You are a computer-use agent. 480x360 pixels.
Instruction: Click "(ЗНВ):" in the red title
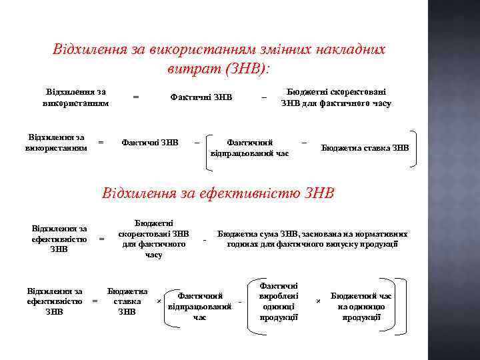tap(247, 69)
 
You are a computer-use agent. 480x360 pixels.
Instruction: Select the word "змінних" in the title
tap(277, 50)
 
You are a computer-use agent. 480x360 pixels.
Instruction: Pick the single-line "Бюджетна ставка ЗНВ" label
tap(365, 148)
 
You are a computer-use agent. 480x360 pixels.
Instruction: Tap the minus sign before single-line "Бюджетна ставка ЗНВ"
tap(304, 142)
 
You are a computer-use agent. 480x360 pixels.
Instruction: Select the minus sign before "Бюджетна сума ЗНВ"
tap(205, 239)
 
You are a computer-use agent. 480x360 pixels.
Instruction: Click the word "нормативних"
tap(383, 234)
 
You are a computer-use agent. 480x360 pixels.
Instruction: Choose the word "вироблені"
tap(279, 295)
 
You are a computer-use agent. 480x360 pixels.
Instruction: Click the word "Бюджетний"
tap(353, 295)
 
